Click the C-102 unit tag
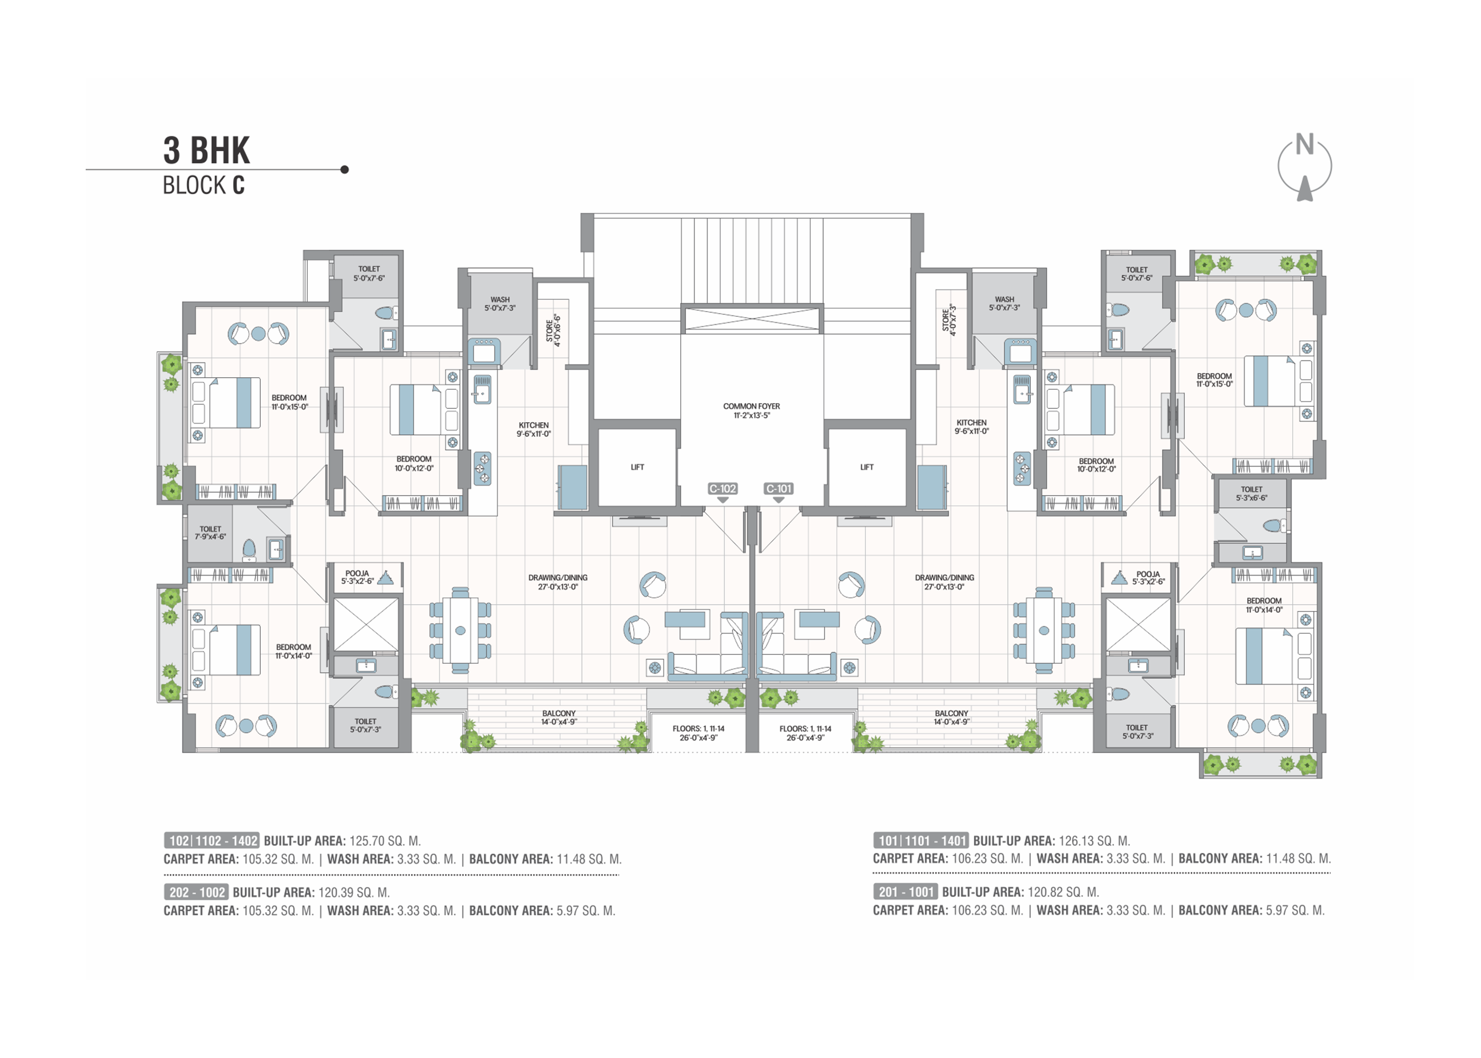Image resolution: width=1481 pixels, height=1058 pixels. [x=723, y=489]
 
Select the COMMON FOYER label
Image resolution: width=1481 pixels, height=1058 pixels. [x=752, y=411]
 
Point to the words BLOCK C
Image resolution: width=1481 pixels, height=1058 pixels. [x=204, y=186]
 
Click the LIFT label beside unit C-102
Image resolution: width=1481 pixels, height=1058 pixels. [x=637, y=467]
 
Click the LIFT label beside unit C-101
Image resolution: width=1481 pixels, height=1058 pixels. [x=866, y=467]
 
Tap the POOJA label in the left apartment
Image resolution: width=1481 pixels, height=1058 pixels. [x=358, y=577]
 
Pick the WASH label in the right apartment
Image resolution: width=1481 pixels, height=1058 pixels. [x=1004, y=304]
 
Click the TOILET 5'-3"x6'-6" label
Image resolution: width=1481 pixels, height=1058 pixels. [x=1251, y=494]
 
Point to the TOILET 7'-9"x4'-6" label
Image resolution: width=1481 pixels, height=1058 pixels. [x=211, y=533]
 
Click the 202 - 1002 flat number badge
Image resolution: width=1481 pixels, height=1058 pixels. [x=196, y=892]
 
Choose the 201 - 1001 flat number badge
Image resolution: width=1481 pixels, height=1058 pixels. [x=906, y=892]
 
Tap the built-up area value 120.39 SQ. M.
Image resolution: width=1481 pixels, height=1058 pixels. [x=354, y=892]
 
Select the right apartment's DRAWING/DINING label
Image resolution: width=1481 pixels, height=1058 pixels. [x=944, y=582]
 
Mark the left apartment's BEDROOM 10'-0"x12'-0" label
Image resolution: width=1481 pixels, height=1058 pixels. [x=414, y=464]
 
